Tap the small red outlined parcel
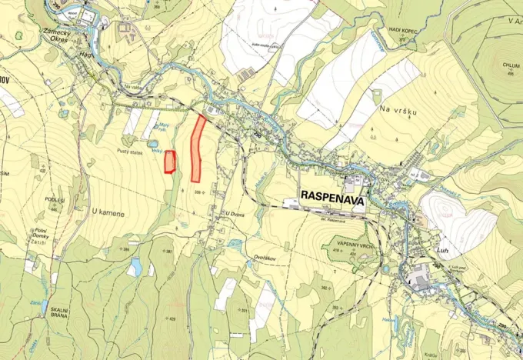click(x=170, y=162)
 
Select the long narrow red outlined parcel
click(x=198, y=148)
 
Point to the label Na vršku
click(x=398, y=112)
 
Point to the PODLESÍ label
click(x=55, y=199)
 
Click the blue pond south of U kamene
click(x=135, y=267)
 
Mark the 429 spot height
click(x=171, y=318)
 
